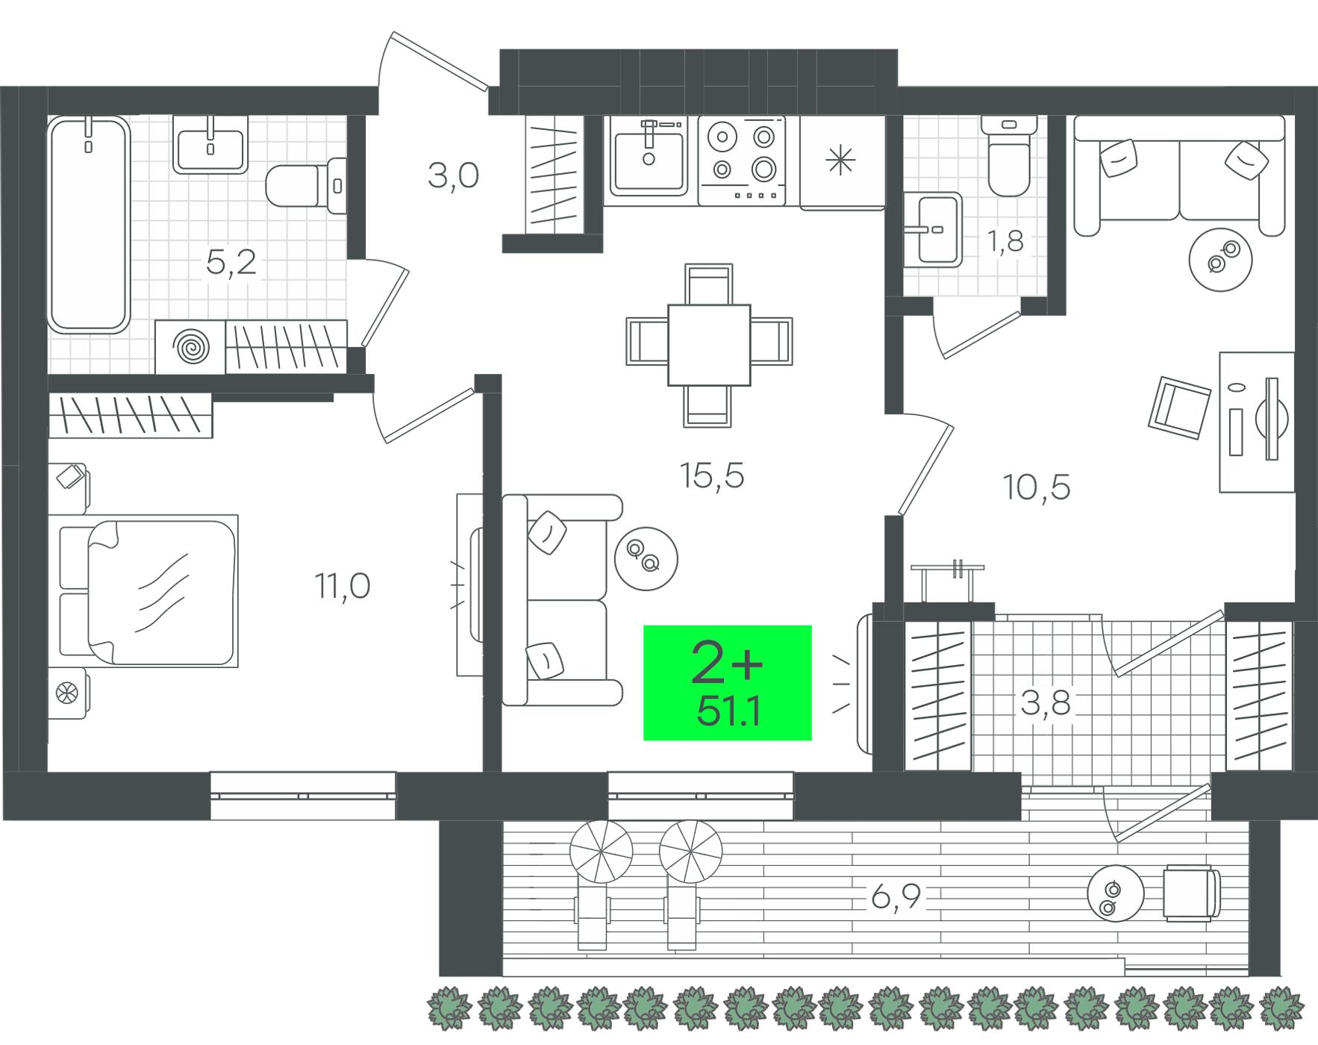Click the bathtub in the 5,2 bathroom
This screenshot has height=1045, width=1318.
pos(89,225)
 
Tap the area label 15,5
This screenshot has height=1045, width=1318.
pos(712,475)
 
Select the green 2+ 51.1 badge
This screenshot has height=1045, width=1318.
pos(727,682)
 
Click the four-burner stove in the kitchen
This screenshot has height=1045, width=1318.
pos(742,160)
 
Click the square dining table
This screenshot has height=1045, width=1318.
pos(708,345)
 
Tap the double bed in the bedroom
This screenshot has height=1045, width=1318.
pos(148,590)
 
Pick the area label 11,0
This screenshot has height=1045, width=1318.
pos(342,587)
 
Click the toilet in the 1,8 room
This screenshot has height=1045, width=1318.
pos(1009,157)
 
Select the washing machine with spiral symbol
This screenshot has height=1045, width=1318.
pos(190,347)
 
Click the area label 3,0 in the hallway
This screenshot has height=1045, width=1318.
pos(453,176)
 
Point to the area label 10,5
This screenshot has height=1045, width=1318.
pos(1037,487)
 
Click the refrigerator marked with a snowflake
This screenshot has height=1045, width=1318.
pos(842,162)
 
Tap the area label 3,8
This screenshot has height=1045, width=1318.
pos(1046,703)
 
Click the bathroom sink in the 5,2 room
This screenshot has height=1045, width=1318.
pos(210,144)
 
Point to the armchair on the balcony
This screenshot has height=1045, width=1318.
pos(1192,893)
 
